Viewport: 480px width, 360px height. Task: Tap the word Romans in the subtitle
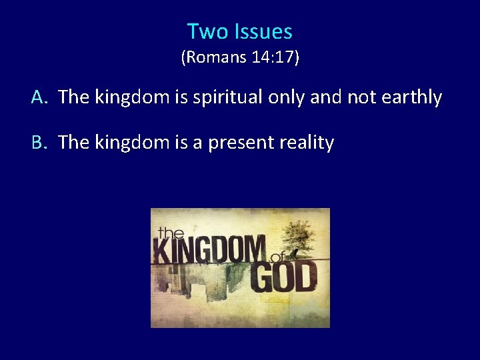point(212,58)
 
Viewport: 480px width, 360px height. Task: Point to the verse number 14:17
point(274,58)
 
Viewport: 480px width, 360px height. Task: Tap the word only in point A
point(286,97)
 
